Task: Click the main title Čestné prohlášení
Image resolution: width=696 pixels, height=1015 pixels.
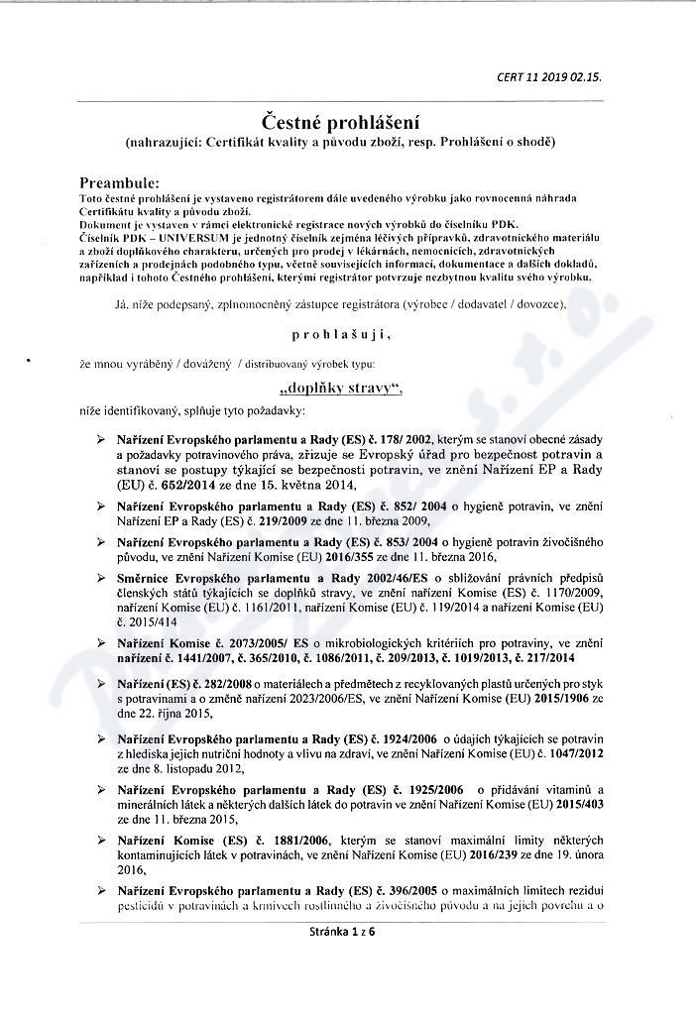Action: tap(341, 122)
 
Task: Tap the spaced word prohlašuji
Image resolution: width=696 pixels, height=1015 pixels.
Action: tap(340, 335)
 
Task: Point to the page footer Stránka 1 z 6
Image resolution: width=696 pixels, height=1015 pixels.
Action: tap(342, 931)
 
